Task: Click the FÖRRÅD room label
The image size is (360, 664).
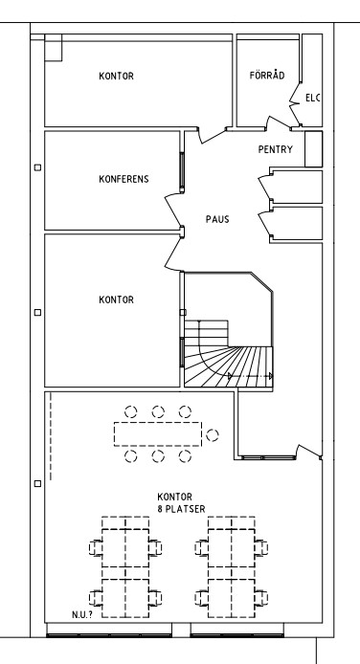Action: (x=267, y=76)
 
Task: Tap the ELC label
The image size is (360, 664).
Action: (x=312, y=99)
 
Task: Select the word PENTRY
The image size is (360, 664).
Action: (x=276, y=149)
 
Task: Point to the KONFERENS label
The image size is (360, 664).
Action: (x=124, y=179)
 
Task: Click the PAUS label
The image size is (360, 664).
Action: (x=217, y=219)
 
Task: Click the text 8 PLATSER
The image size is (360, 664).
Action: (x=181, y=509)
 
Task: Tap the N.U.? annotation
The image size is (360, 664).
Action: (x=81, y=615)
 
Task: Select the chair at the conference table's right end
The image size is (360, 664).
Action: (x=213, y=435)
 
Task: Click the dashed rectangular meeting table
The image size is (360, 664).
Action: (x=158, y=434)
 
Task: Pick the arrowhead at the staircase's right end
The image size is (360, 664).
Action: (x=271, y=376)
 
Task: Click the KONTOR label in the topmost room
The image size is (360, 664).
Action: (x=116, y=77)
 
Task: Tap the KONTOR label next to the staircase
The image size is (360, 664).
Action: (x=116, y=299)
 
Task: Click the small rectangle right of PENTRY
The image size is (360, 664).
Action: (x=314, y=149)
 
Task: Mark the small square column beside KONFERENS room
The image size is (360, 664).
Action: (x=37, y=167)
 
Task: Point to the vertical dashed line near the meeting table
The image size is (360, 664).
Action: (x=51, y=436)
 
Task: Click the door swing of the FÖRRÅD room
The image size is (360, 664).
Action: (x=279, y=122)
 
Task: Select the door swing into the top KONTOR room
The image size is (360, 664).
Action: (x=213, y=135)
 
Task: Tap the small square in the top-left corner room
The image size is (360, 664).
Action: (x=54, y=48)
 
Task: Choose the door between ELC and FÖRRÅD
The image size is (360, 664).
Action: (x=295, y=103)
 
